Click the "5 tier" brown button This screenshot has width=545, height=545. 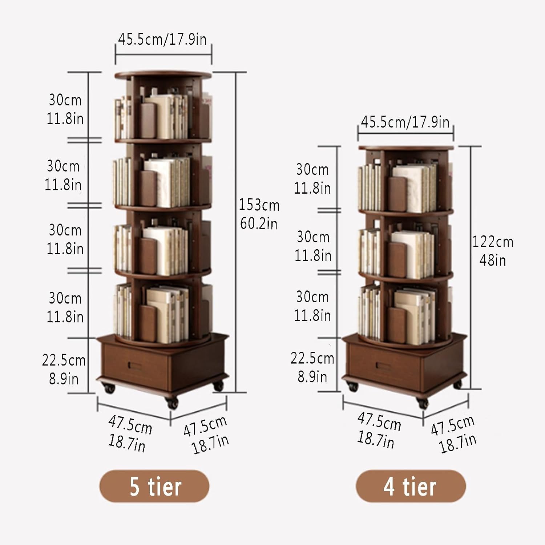pos(154,486)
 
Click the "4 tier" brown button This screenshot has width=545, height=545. pos(411,486)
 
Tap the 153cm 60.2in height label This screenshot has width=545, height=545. pos(259,214)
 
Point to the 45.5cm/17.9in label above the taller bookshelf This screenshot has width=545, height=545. pos(162,39)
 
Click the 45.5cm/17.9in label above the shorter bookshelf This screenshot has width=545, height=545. pos(405,122)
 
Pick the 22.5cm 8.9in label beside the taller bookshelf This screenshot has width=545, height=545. pos(64,370)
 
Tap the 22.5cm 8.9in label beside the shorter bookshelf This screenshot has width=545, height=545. pos(312,368)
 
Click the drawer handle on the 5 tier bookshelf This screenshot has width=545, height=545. pos(135,366)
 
